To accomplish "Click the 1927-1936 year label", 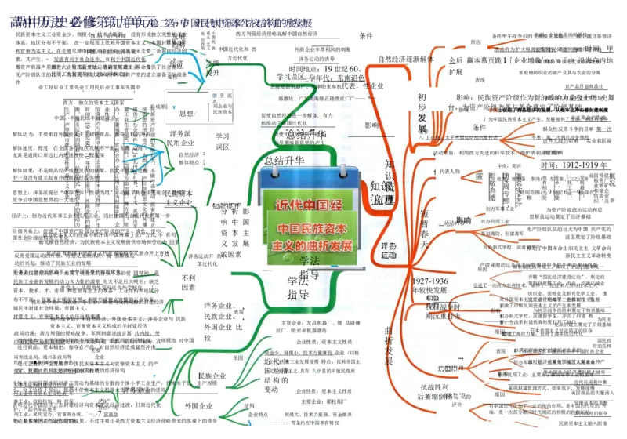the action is point(429,281).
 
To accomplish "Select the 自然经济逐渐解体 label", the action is point(405,59).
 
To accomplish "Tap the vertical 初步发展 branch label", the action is point(422,113).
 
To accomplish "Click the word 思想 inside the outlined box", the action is point(186,114).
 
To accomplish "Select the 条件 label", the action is point(479,128).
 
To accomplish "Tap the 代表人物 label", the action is point(449,171).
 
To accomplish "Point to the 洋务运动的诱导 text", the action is point(317,59).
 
